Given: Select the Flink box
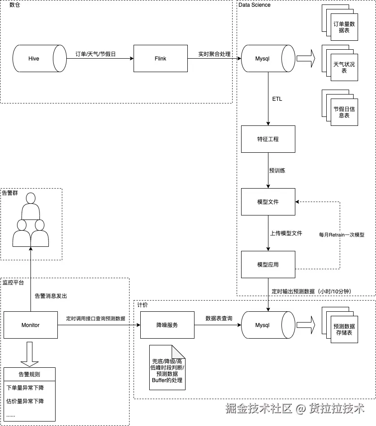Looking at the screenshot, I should [160, 59].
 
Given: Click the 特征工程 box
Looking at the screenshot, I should [268, 139].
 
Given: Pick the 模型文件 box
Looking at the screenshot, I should [268, 202].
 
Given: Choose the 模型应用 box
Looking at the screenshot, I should [268, 265].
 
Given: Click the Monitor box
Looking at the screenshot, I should [30, 325].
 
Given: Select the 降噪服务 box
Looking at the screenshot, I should [167, 325].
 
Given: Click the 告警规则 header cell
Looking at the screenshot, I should [30, 374].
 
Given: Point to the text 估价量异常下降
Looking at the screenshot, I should [25, 401].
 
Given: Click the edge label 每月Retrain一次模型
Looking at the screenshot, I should [341, 235].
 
